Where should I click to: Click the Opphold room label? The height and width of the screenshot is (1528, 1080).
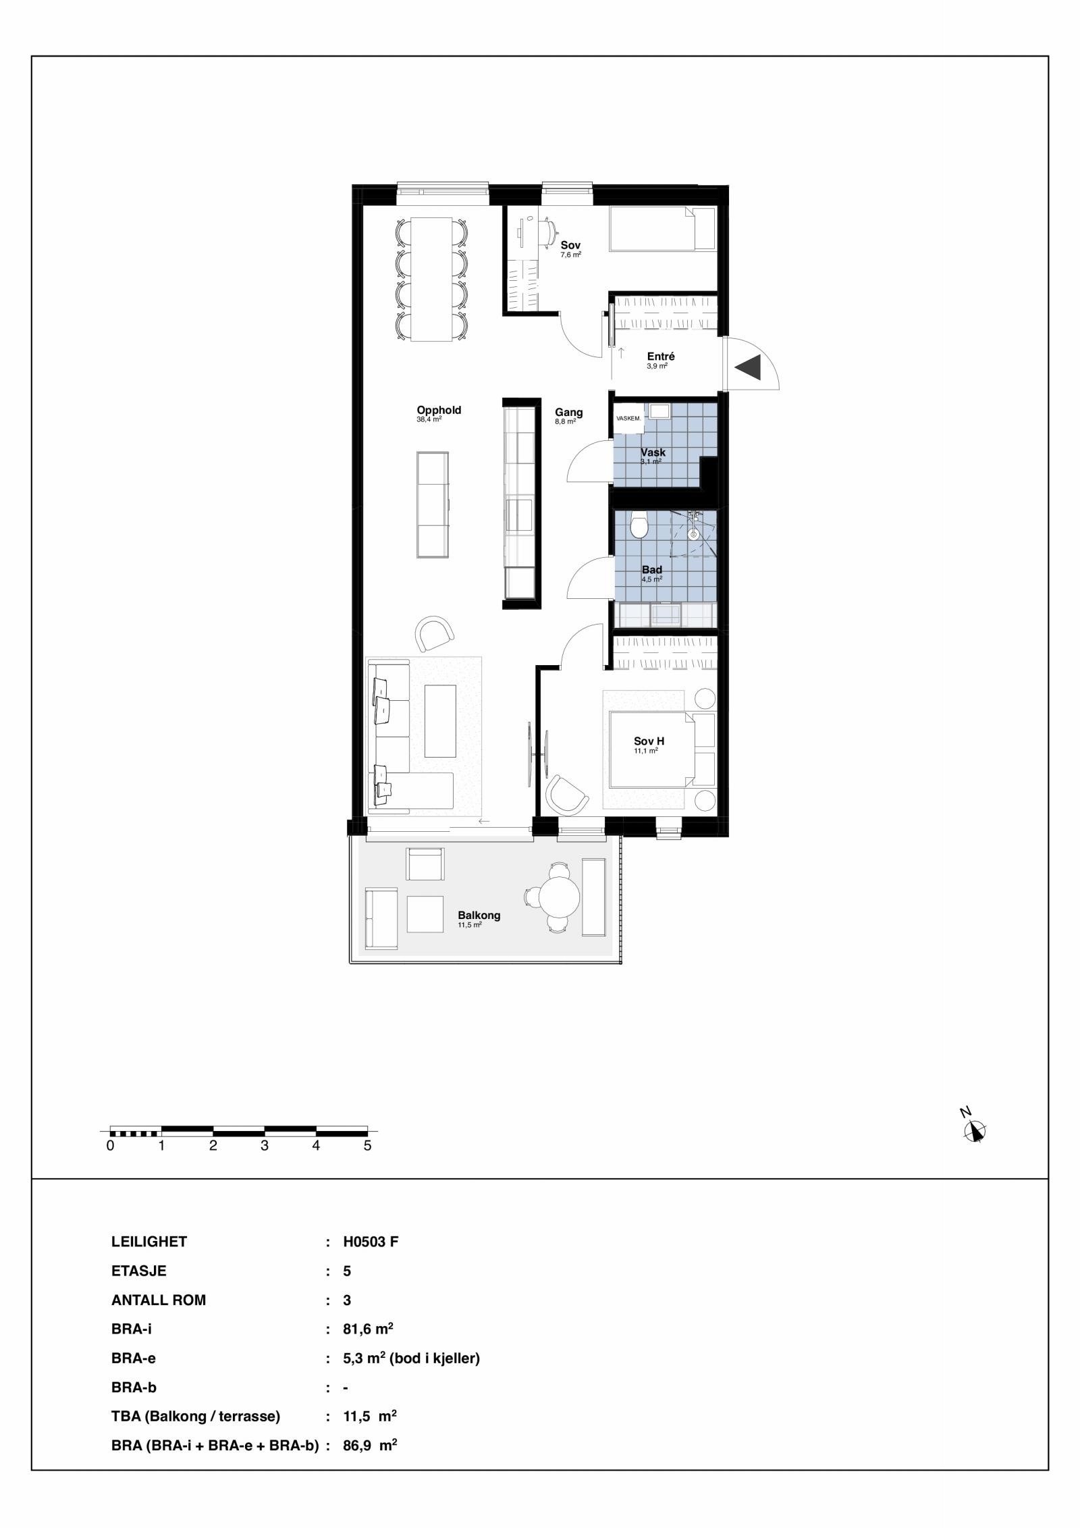point(439,410)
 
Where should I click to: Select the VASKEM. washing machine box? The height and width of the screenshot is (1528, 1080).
point(628,419)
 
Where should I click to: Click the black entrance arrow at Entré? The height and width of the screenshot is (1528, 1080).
point(749,367)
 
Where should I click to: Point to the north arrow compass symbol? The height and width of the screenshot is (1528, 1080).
point(974,1131)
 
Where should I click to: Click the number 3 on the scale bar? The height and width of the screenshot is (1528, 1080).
point(265,1146)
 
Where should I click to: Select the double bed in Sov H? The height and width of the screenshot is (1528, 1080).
point(652,749)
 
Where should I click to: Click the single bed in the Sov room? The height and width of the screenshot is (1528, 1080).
point(661,230)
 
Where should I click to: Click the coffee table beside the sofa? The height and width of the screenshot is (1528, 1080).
point(440,720)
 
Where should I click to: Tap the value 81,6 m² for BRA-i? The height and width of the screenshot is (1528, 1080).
point(368,1329)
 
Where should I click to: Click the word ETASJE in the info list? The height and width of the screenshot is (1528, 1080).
point(138,1271)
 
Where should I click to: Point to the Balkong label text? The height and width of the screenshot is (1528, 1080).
point(479,916)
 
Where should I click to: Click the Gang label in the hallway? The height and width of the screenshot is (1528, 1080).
point(569,413)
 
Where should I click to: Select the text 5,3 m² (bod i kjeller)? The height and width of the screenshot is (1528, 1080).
point(412,1359)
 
